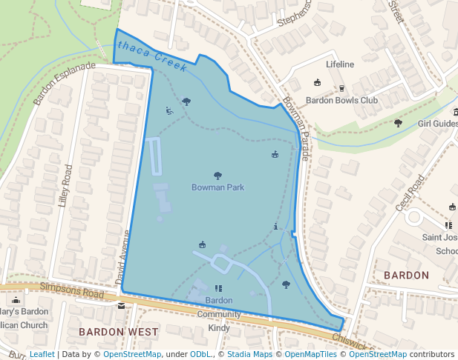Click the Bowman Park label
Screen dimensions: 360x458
(x=217, y=187)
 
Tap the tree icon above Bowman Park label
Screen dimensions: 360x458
(x=217, y=176)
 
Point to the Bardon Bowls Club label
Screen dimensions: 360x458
(x=341, y=101)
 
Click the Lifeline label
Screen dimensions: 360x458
(x=340, y=64)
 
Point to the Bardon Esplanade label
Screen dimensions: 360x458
(x=65, y=84)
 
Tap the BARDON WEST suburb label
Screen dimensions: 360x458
(x=119, y=331)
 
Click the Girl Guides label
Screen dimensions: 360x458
(x=437, y=124)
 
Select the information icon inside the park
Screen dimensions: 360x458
(x=276, y=227)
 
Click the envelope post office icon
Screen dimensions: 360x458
(x=121, y=304)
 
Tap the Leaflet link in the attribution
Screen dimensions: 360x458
(x=42, y=354)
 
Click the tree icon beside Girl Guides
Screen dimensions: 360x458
(x=398, y=123)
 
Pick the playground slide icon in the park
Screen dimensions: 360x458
(x=170, y=111)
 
